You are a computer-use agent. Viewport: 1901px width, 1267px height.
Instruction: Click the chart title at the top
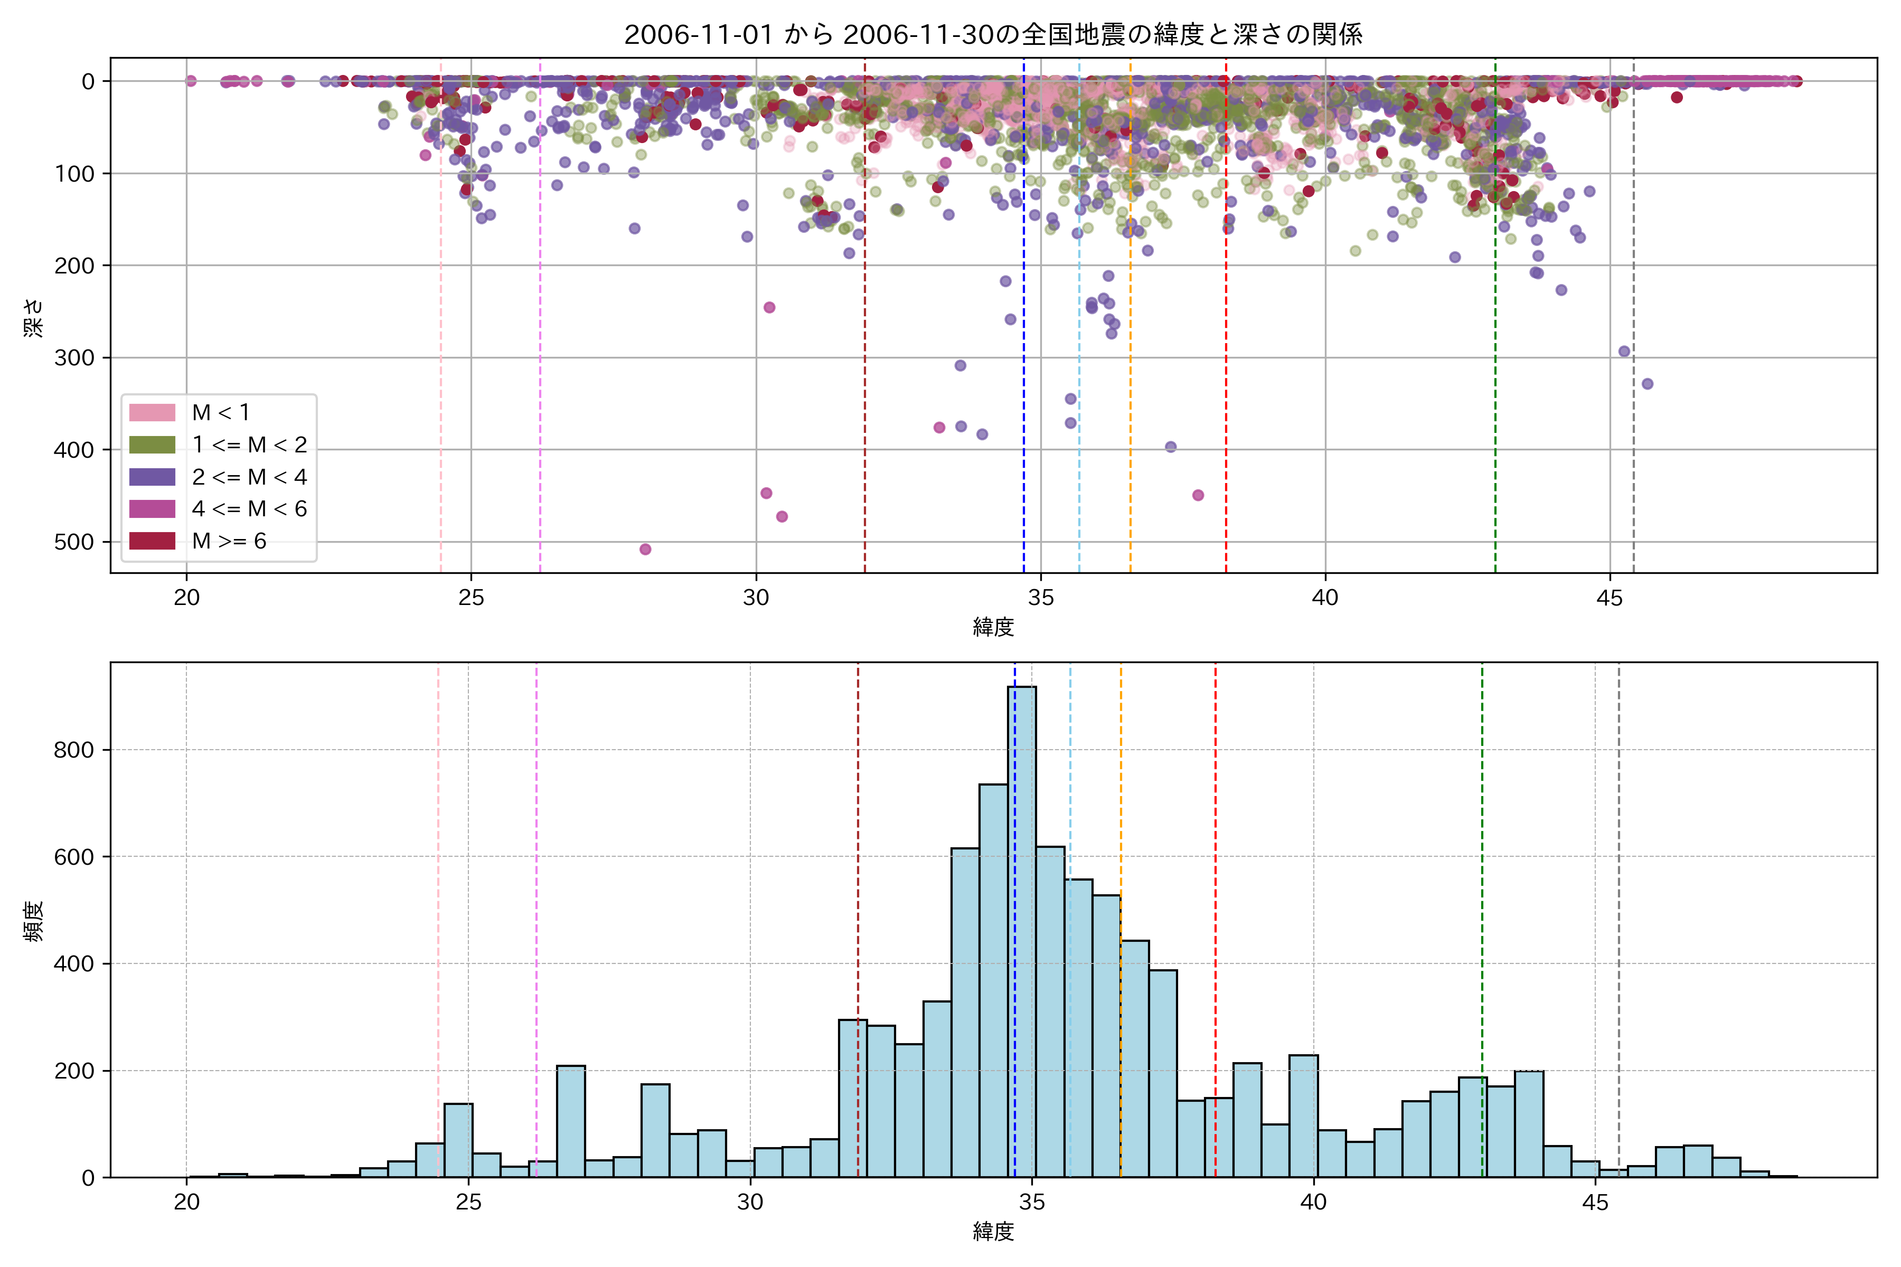tap(993, 34)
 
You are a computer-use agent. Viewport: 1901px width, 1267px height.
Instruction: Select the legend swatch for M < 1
tap(152, 412)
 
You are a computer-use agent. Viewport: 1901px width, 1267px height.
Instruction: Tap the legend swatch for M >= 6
tap(152, 541)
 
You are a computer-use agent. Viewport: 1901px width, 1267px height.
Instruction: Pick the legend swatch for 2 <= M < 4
tap(152, 477)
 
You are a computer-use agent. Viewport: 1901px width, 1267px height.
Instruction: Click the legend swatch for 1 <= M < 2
tap(152, 445)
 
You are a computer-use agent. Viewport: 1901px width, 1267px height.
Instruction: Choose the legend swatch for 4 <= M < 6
tap(152, 508)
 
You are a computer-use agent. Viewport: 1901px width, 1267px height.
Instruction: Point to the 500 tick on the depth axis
tap(74, 542)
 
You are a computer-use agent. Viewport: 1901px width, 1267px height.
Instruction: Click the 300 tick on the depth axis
tap(74, 358)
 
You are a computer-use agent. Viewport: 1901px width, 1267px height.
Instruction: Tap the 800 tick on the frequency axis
tap(74, 750)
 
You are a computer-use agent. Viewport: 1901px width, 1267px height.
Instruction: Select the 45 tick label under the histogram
tap(1595, 1203)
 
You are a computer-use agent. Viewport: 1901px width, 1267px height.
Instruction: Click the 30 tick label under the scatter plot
tap(756, 598)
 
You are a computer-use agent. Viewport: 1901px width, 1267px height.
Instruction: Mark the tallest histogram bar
tap(1022, 929)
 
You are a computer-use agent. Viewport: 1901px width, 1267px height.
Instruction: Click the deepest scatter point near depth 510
tap(645, 550)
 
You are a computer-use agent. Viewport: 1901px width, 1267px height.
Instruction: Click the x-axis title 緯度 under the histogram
tap(993, 1232)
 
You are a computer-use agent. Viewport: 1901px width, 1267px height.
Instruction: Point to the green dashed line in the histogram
tap(1482, 889)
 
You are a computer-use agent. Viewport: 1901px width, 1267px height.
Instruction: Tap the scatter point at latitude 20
tap(191, 81)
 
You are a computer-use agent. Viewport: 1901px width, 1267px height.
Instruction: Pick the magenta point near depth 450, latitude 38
tap(1198, 495)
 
